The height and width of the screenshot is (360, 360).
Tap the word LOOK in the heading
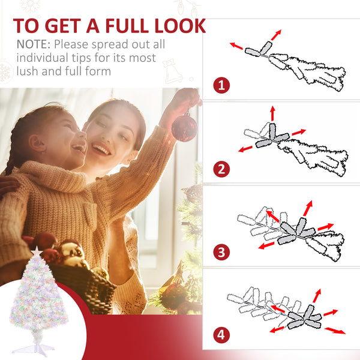[180, 25]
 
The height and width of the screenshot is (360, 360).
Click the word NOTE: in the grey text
[34, 44]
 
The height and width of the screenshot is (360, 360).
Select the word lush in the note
[27, 71]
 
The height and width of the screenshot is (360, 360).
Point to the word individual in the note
[42, 58]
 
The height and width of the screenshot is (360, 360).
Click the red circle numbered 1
[221, 85]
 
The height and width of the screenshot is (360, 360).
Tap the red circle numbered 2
[221, 169]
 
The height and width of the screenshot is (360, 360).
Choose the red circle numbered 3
[221, 252]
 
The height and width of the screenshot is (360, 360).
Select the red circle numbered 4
[221, 335]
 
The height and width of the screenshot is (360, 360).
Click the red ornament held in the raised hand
[184, 127]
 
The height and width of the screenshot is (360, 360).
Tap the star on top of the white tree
[37, 251]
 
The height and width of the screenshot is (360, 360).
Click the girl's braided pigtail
[10, 156]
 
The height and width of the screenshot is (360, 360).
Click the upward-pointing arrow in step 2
[272, 113]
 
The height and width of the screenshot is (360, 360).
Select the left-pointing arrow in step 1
[236, 46]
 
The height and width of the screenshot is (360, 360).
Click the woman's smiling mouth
[101, 149]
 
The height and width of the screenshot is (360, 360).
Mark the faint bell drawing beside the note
[173, 71]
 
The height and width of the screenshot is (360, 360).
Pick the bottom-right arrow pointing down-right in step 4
[335, 331]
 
